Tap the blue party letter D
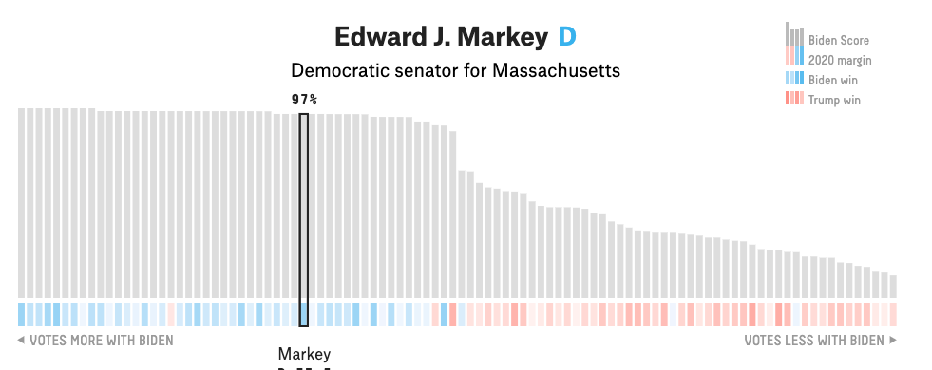[x=566, y=38]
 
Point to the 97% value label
[x=304, y=99]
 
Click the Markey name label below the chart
[x=304, y=354]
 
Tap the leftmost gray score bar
[x=22, y=203]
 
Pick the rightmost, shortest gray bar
[x=892, y=286]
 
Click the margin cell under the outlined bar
[x=304, y=314]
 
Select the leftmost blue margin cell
[x=22, y=314]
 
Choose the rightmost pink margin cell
[x=892, y=314]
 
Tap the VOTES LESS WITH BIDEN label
[x=814, y=340]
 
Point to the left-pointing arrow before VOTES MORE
[x=21, y=340]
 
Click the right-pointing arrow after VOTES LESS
[x=892, y=340]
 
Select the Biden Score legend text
[x=838, y=41]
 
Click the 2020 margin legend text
[x=840, y=61]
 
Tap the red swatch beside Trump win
[x=794, y=99]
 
